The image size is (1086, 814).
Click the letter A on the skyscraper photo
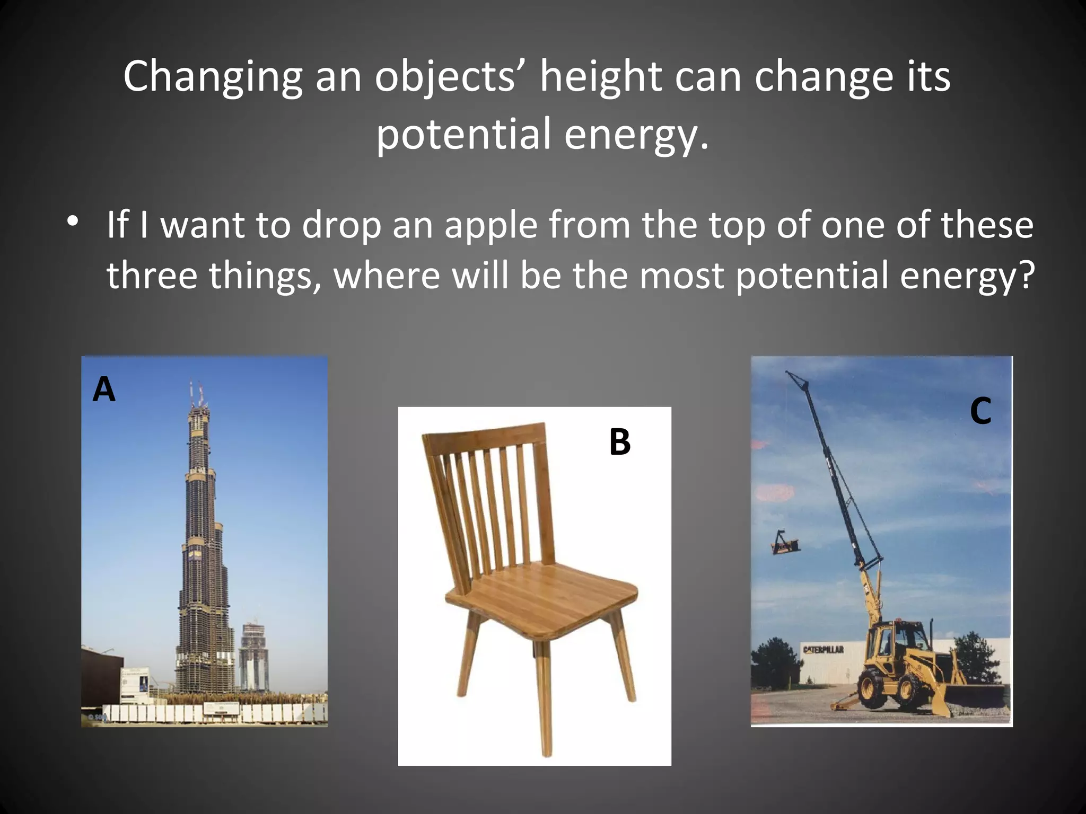[x=104, y=390]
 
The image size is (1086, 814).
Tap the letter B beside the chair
[x=620, y=442]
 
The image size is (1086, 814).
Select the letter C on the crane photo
[x=980, y=411]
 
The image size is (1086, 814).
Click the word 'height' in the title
[x=600, y=77]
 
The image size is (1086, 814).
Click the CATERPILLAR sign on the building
[x=823, y=650]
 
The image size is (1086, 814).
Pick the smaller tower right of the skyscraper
[x=253, y=657]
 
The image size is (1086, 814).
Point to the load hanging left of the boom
[x=784, y=543]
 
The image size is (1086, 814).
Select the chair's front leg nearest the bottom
[x=546, y=700]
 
